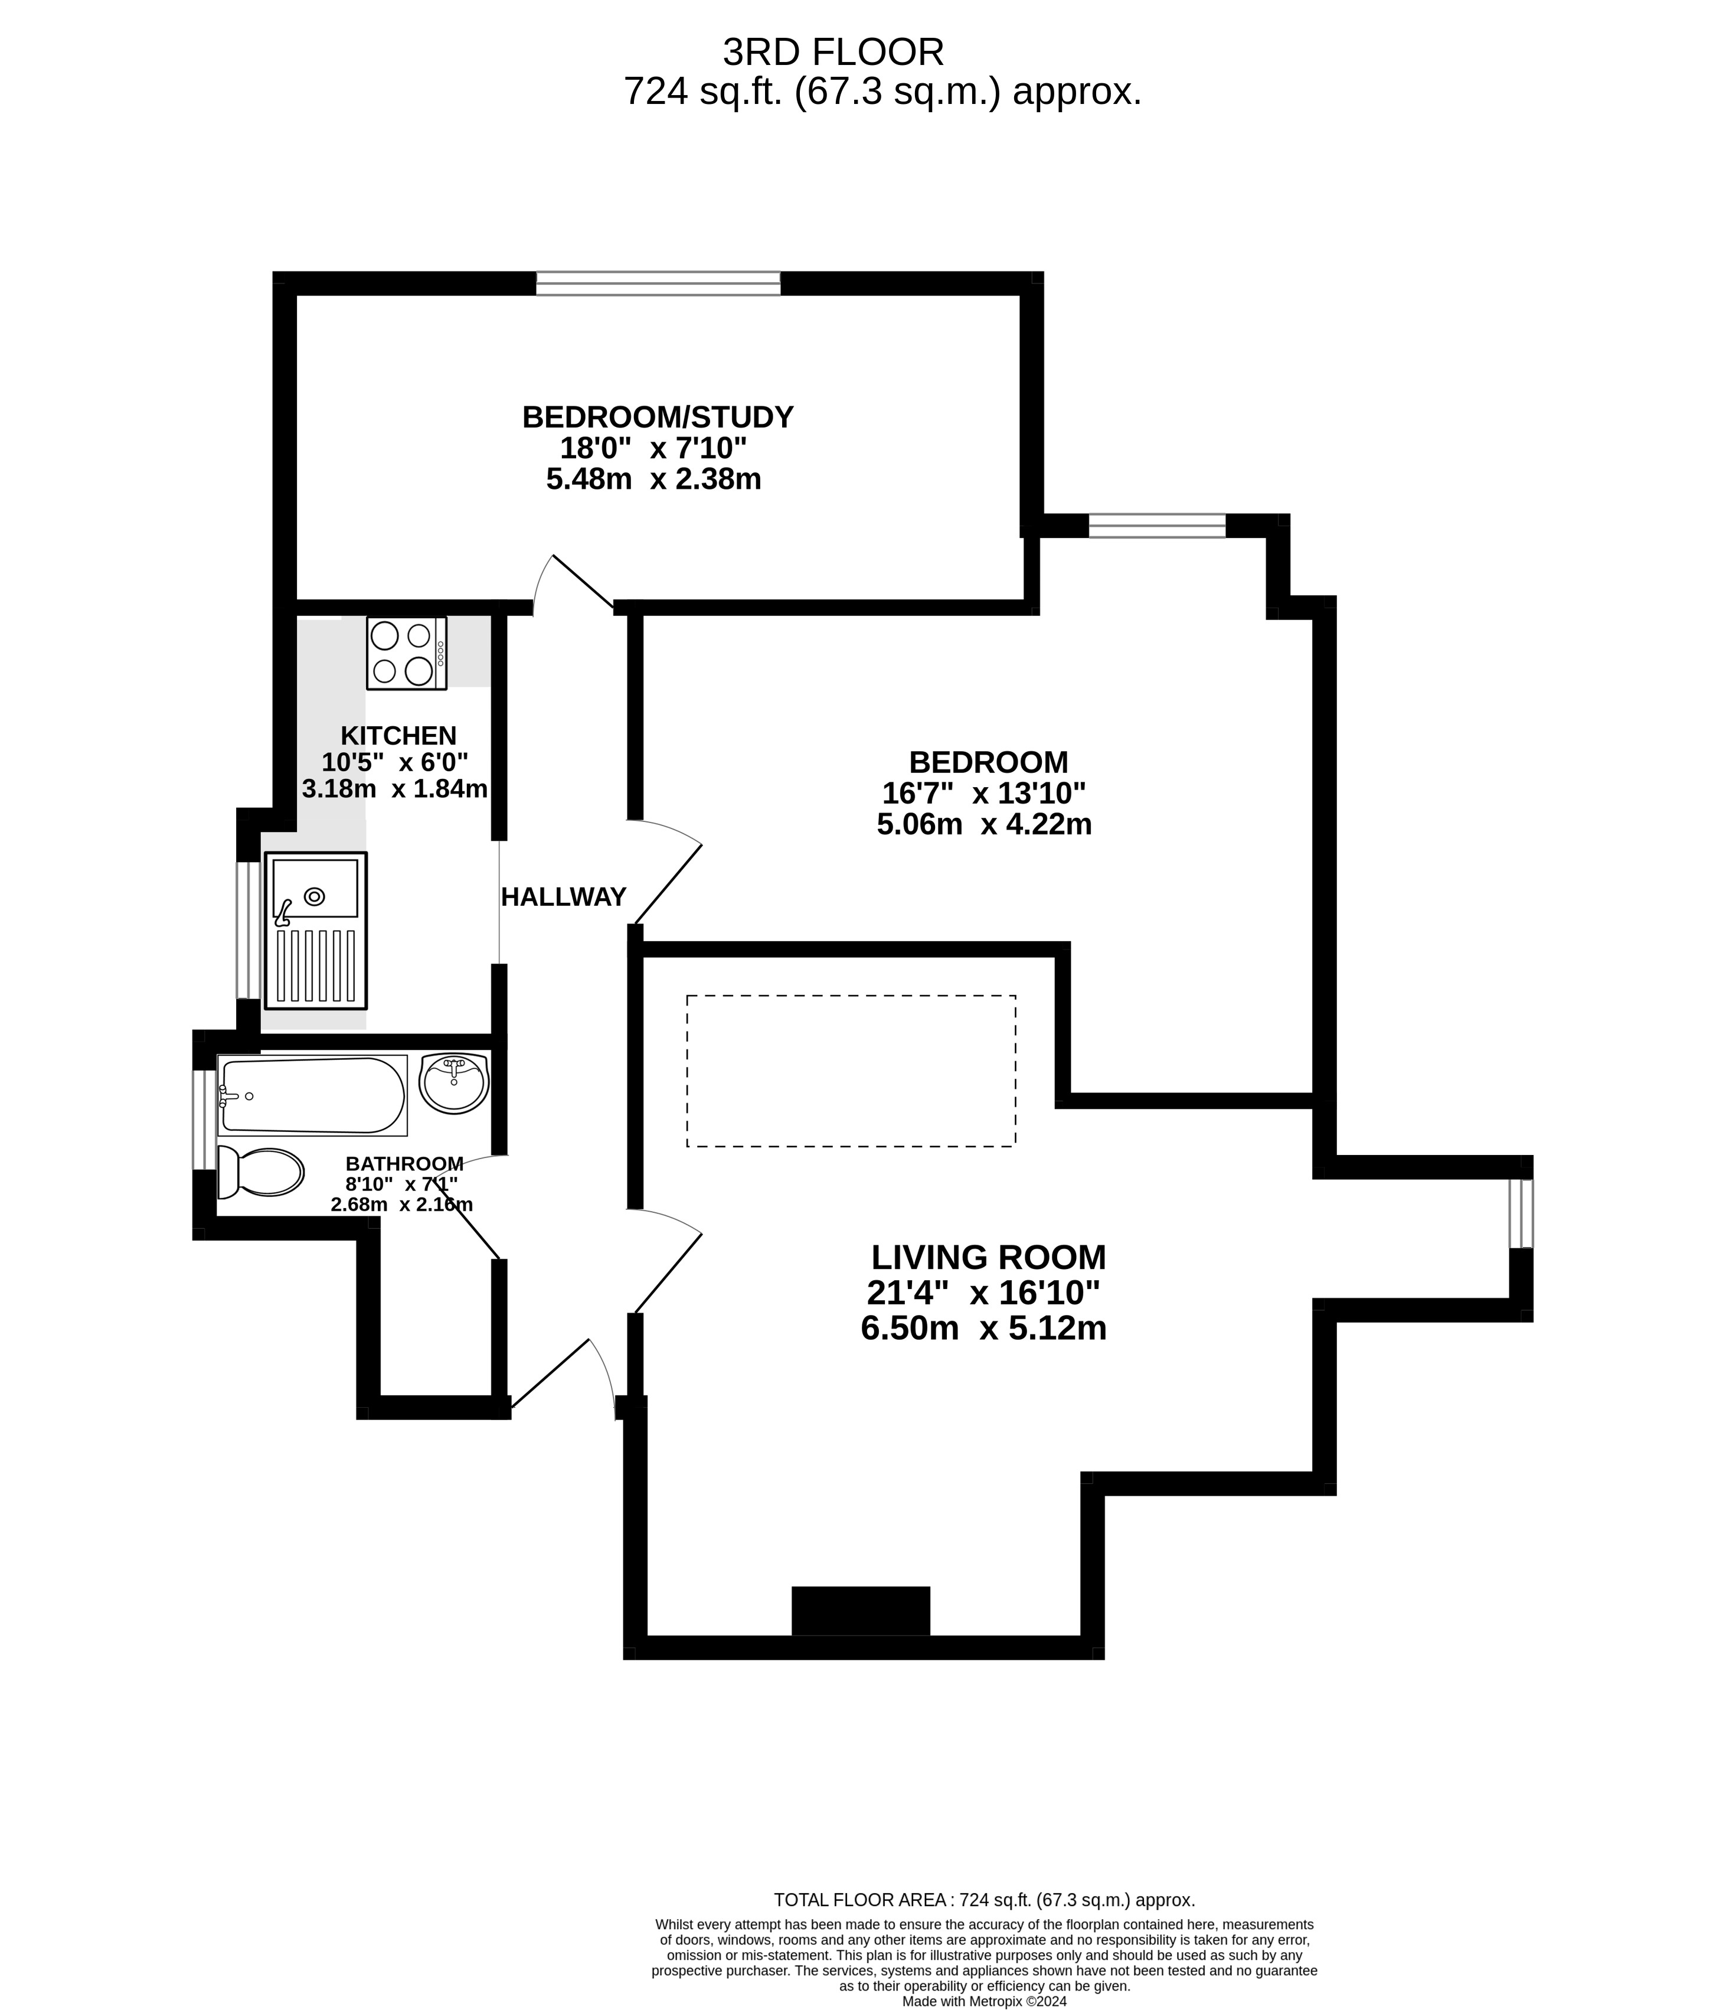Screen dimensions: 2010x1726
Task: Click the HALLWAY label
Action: click(x=563, y=898)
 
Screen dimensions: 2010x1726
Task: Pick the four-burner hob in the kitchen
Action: click(x=406, y=653)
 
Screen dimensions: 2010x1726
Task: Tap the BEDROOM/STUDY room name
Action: click(x=658, y=417)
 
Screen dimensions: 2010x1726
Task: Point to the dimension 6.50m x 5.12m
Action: click(x=983, y=1328)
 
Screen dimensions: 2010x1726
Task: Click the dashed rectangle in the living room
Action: click(x=851, y=1071)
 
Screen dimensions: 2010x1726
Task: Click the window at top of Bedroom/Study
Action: click(x=658, y=283)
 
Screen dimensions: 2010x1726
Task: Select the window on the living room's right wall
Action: click(x=1521, y=1213)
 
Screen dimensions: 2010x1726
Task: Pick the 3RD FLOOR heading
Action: click(x=833, y=51)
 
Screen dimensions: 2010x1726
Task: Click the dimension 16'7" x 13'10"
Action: click(x=983, y=794)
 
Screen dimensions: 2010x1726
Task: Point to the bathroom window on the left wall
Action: click(x=204, y=1120)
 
